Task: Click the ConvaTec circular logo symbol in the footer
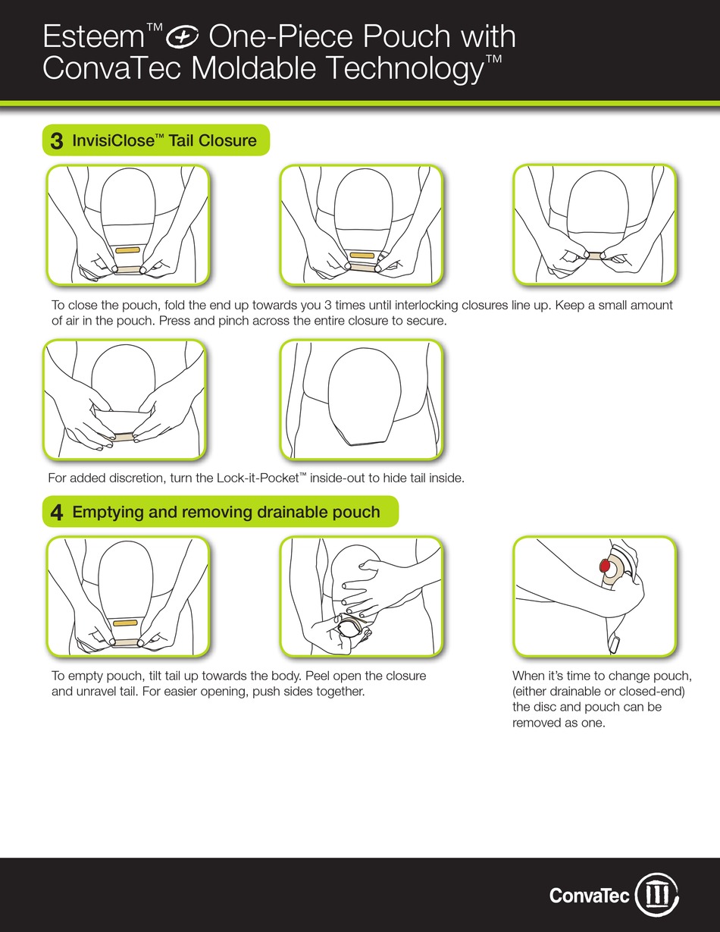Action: (x=656, y=894)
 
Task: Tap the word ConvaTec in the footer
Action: (x=590, y=896)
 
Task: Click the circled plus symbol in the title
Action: (x=182, y=37)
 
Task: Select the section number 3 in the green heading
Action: (x=57, y=141)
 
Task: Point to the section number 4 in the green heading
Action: (x=57, y=512)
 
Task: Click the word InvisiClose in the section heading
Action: (x=113, y=140)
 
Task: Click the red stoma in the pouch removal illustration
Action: (x=605, y=566)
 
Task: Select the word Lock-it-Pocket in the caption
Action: (x=258, y=478)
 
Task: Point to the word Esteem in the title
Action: (x=93, y=37)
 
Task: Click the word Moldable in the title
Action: (x=253, y=67)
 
